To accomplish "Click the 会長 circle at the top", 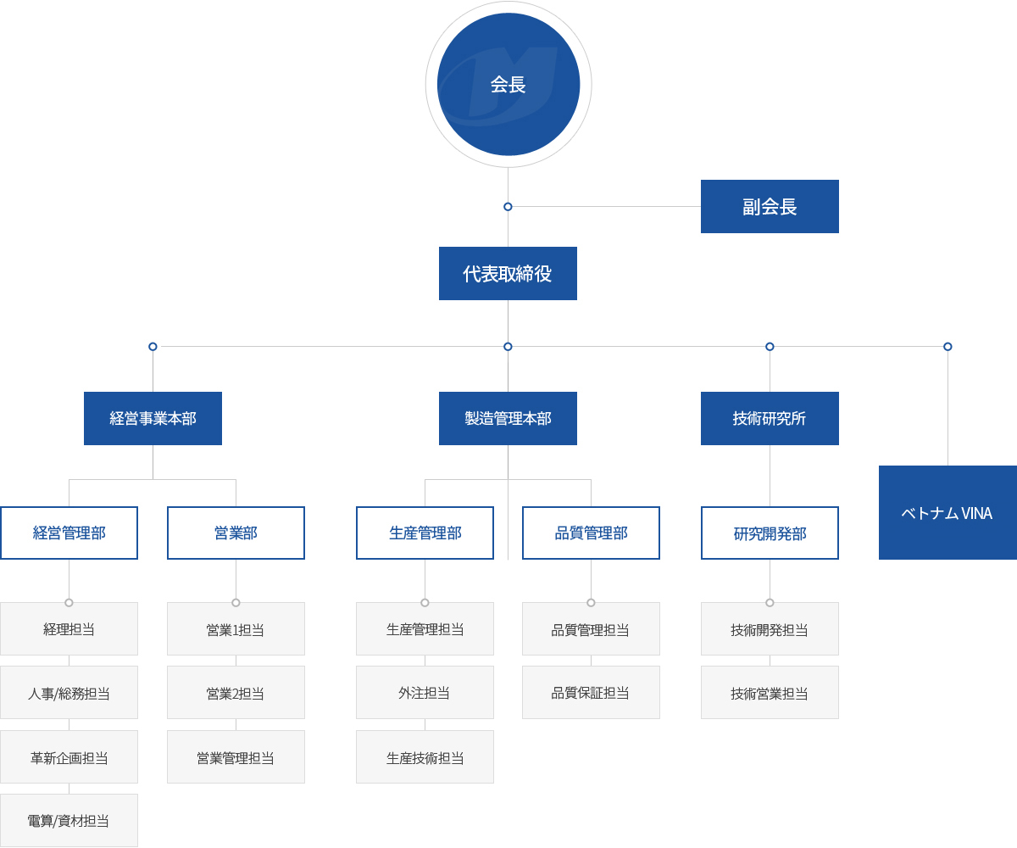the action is pos(508,84).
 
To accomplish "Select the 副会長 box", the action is pos(770,206).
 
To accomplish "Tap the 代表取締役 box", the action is pos(508,273).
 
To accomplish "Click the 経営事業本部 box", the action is pos(153,418).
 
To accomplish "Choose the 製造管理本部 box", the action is pos(508,418).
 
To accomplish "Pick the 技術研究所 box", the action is pos(770,418).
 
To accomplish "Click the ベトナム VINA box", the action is pos(948,513).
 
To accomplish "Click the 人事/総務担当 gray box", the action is pos(69,693).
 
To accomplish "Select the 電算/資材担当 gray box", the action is pos(69,821).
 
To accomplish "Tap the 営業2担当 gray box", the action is pos(236,693).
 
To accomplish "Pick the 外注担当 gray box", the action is pos(425,693).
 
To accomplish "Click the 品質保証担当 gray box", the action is pos(591,693).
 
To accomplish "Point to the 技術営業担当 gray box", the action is pos(770,693).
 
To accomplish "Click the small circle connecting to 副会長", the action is pos(508,207).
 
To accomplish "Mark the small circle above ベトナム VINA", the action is pos(948,347).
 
